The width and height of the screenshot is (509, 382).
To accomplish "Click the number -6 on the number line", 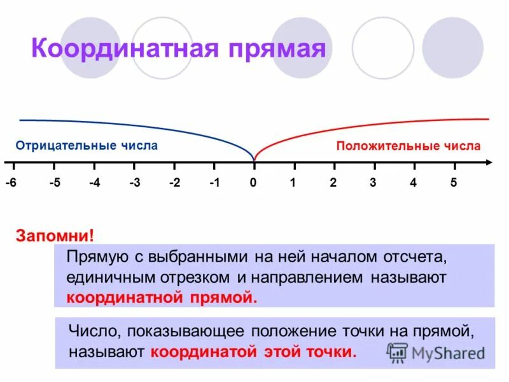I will click(11, 183).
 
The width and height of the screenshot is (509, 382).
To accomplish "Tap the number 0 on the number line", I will click(253, 183).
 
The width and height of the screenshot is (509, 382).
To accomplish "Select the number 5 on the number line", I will click(454, 183).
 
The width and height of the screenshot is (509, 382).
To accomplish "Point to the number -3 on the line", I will click(134, 183).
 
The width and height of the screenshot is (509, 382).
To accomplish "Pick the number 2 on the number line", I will click(333, 183).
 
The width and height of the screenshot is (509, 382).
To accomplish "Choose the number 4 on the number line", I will click(413, 183).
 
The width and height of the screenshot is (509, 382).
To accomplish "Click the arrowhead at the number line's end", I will click(489, 163).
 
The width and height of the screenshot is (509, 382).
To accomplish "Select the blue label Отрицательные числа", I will click(87, 146).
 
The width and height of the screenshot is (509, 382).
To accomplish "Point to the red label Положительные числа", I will click(408, 146).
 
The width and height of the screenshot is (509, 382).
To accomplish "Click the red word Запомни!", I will click(55, 236).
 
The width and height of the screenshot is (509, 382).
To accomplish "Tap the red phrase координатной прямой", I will click(162, 297).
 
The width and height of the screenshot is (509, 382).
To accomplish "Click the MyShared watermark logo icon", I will click(398, 352).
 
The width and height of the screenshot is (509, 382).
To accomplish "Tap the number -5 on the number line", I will click(55, 183).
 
